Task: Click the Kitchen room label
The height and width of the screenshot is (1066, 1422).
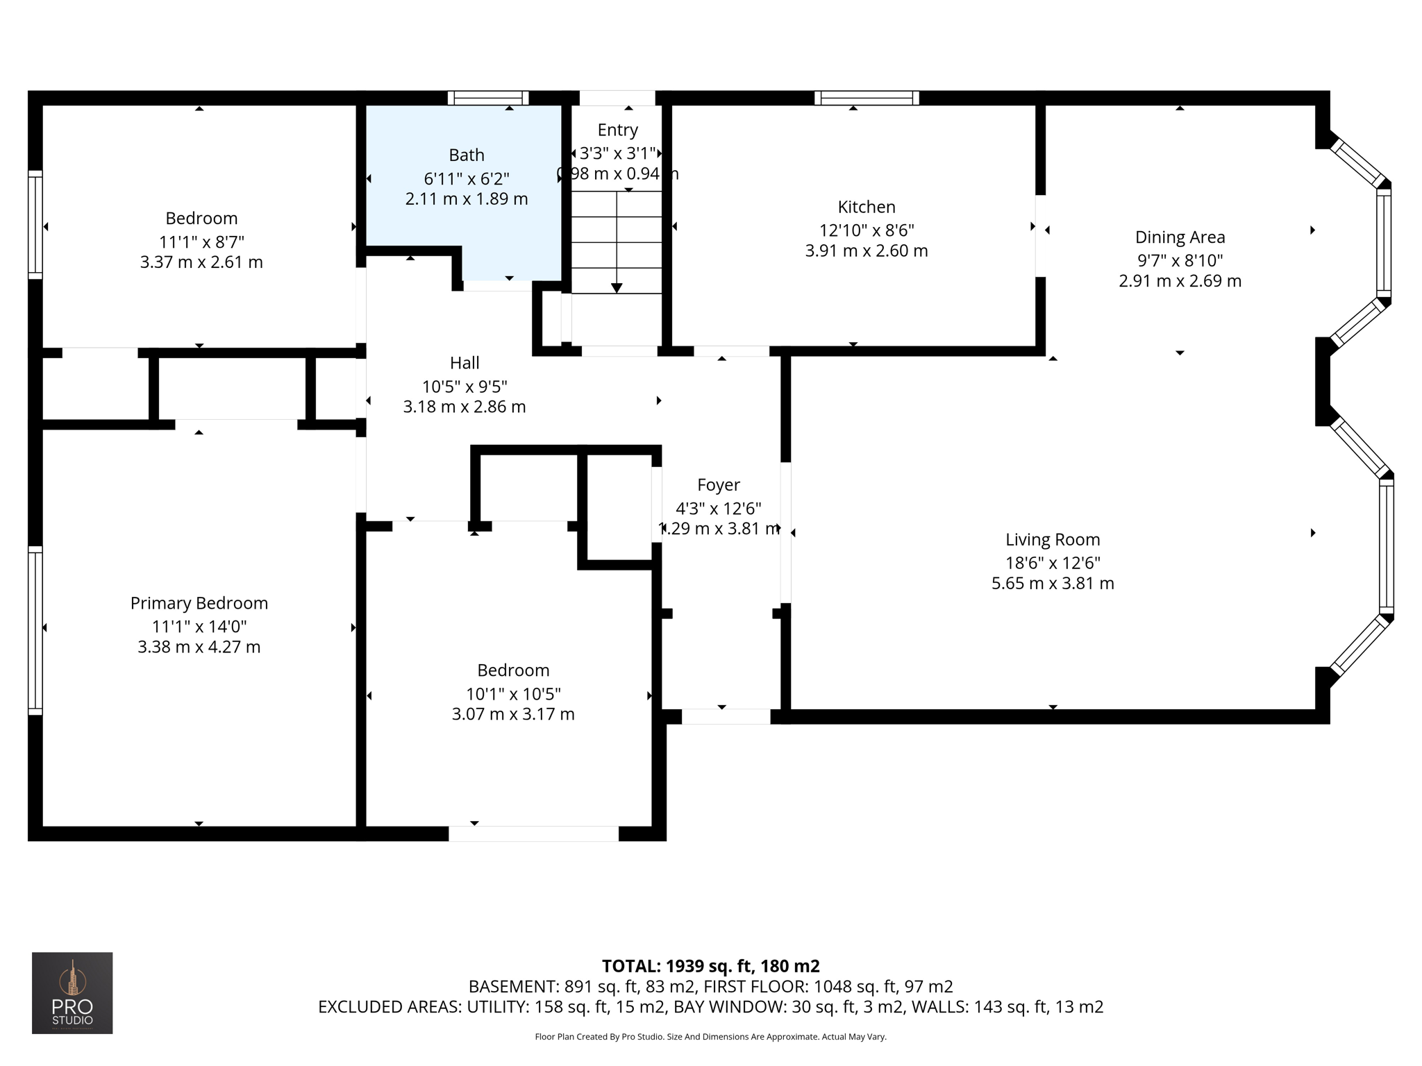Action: (x=866, y=207)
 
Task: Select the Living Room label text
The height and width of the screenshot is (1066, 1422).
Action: (x=1053, y=539)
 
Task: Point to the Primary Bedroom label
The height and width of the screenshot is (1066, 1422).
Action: (x=199, y=603)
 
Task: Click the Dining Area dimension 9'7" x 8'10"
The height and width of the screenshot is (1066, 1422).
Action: (x=1180, y=260)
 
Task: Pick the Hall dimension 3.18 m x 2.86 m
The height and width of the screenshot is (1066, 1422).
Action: (x=465, y=407)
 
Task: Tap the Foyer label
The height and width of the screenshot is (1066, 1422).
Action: (x=719, y=484)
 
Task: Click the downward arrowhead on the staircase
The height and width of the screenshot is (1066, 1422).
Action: (x=617, y=288)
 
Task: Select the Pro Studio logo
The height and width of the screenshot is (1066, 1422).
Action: (x=72, y=992)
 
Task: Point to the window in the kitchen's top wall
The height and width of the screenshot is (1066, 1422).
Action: (x=867, y=98)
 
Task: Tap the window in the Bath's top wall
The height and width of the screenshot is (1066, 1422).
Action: (x=488, y=98)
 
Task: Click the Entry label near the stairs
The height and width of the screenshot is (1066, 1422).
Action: (x=617, y=130)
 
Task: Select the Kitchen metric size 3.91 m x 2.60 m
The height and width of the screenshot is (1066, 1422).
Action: (x=866, y=251)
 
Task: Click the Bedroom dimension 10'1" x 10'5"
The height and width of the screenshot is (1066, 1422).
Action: (x=513, y=693)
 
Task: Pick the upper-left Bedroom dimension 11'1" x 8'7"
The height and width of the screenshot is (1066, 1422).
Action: (x=201, y=242)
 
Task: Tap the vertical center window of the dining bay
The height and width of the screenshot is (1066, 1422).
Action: (x=1383, y=242)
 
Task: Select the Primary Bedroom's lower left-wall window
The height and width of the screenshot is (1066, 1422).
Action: (x=35, y=630)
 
